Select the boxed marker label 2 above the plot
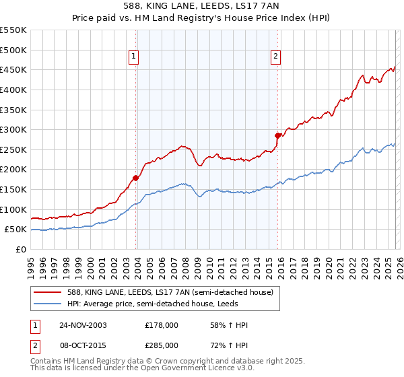click(x=276, y=57)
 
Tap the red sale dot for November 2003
click(x=135, y=178)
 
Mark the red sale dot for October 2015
click(x=277, y=135)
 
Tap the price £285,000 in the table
click(x=162, y=344)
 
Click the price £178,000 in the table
click(x=162, y=325)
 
